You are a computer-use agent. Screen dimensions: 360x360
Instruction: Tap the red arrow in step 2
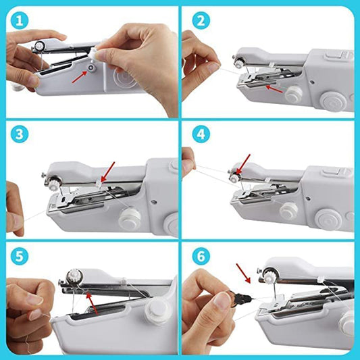273,87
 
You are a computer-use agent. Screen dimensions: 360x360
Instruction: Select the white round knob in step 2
292,95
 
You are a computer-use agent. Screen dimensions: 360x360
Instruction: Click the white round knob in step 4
289,211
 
